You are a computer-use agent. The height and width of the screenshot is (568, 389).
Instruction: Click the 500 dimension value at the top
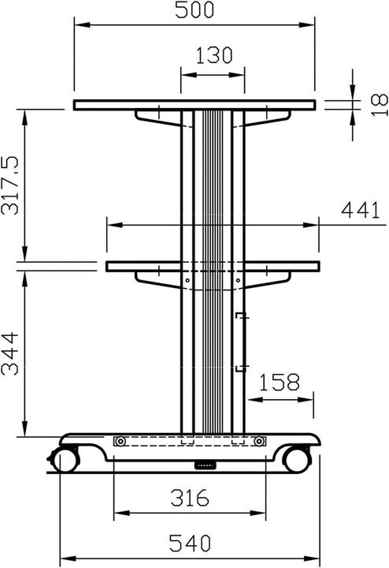195,11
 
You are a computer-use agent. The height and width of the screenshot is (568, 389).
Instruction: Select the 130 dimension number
213,55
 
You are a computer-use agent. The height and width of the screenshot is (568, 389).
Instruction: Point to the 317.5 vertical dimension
12,186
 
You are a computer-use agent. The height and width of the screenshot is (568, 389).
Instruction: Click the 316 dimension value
189,498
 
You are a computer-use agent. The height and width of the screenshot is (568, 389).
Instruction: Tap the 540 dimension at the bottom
189,544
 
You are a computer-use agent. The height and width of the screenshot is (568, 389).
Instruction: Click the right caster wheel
297,458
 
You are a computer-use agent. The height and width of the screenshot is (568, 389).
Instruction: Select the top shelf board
195,105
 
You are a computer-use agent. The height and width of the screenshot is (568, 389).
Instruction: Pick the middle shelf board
213,267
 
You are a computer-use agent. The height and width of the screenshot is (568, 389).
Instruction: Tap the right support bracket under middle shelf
268,278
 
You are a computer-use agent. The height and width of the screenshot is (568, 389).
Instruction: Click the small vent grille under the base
206,465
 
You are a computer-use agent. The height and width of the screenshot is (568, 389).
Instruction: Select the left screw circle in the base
120,442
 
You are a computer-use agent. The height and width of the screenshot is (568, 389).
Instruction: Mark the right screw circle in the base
259,442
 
